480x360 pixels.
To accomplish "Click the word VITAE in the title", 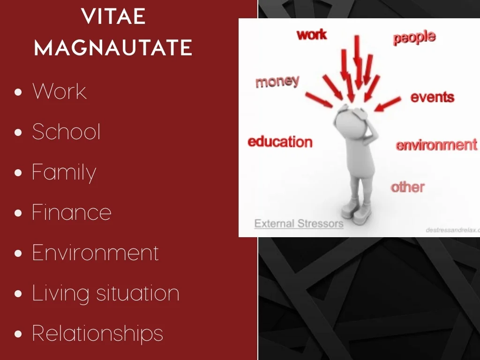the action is click(x=113, y=16).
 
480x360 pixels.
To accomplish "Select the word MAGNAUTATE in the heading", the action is click(x=113, y=48).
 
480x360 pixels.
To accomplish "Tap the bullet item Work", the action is click(x=60, y=91).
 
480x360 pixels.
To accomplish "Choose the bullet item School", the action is click(x=66, y=132).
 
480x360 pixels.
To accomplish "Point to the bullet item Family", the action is click(x=64, y=173).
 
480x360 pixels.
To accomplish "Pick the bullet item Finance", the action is click(x=72, y=212).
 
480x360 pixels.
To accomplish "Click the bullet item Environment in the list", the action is click(x=95, y=253).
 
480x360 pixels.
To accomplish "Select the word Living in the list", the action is click(x=60, y=294).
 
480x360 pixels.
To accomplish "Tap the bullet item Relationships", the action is click(x=97, y=333).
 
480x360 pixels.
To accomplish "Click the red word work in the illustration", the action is click(x=312, y=35).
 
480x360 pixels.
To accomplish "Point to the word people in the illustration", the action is click(x=414, y=37).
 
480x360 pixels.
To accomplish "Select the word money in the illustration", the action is click(x=277, y=82).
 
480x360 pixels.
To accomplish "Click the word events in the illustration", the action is click(x=432, y=97).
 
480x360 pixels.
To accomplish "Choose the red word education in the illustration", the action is click(x=280, y=142).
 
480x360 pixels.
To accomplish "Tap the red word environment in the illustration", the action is click(x=436, y=145).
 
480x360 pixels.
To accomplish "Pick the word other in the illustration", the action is click(x=408, y=187).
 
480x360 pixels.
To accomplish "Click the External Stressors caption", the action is click(x=299, y=224).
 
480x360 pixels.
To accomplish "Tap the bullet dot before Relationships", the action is click(x=18, y=334).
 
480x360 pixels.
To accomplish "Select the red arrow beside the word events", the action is click(x=388, y=104).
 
